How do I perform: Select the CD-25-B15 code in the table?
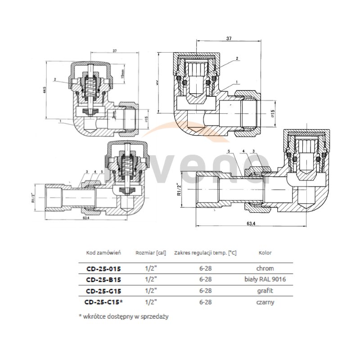point(103,279)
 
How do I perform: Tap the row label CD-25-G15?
point(103,291)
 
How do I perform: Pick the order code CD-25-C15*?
point(104,302)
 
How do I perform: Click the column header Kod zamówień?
point(104,253)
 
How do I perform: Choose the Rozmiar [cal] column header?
point(151,253)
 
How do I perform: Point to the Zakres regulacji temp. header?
point(205,253)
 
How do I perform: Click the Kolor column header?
point(265,253)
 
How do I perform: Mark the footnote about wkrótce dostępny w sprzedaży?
point(123,317)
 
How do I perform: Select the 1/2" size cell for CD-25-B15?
point(151,279)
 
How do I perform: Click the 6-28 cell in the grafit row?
point(205,291)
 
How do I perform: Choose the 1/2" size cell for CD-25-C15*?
point(151,302)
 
